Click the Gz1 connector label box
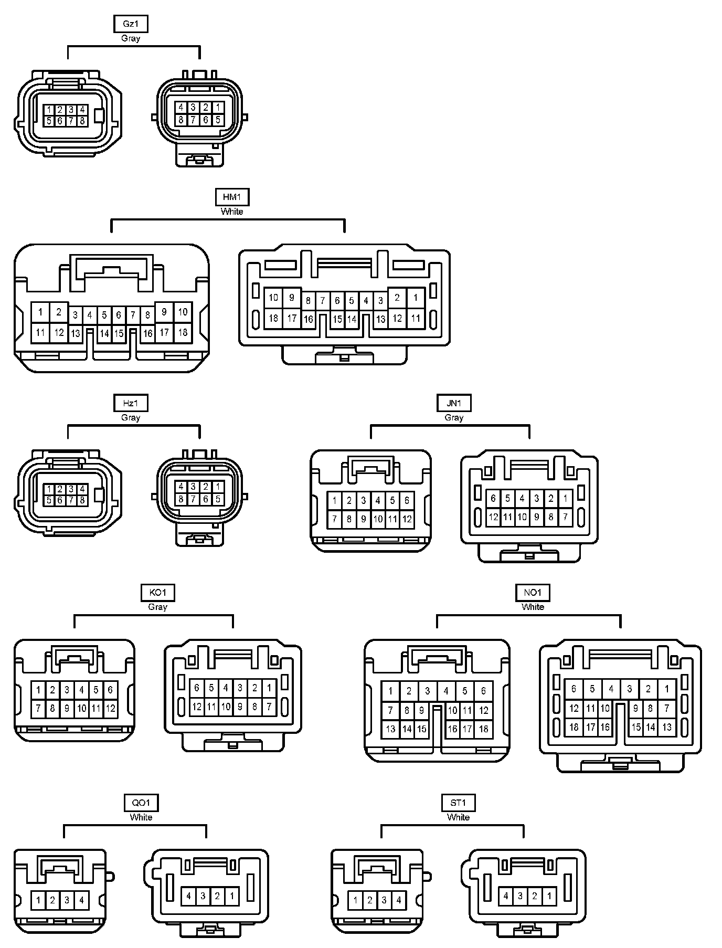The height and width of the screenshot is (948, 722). (x=131, y=24)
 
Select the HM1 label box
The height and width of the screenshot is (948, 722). (x=232, y=197)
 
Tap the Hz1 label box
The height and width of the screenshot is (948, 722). (x=131, y=403)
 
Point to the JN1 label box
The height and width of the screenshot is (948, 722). (x=454, y=403)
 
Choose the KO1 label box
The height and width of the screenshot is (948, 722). (x=158, y=593)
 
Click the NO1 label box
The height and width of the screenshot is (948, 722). (x=533, y=593)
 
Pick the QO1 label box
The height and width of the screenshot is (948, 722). (x=141, y=803)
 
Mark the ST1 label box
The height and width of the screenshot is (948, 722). (x=458, y=803)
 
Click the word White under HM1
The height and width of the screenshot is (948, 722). (x=232, y=212)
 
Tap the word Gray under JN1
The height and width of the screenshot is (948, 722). (x=454, y=418)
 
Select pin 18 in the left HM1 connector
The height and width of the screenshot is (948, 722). (x=183, y=332)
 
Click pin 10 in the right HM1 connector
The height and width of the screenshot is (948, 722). (x=273, y=298)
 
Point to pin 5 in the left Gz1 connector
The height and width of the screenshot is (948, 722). (x=49, y=121)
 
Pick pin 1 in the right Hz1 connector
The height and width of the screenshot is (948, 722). (x=218, y=487)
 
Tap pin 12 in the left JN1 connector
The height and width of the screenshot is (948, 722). (x=407, y=520)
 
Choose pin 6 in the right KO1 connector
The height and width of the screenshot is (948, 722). (x=197, y=688)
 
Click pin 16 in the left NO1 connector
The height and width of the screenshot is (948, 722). (x=452, y=729)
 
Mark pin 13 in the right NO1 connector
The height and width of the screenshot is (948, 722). (x=666, y=727)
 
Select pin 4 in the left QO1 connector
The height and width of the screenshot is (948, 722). (x=81, y=900)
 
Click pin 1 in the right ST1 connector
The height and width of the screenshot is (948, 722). (x=549, y=896)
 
